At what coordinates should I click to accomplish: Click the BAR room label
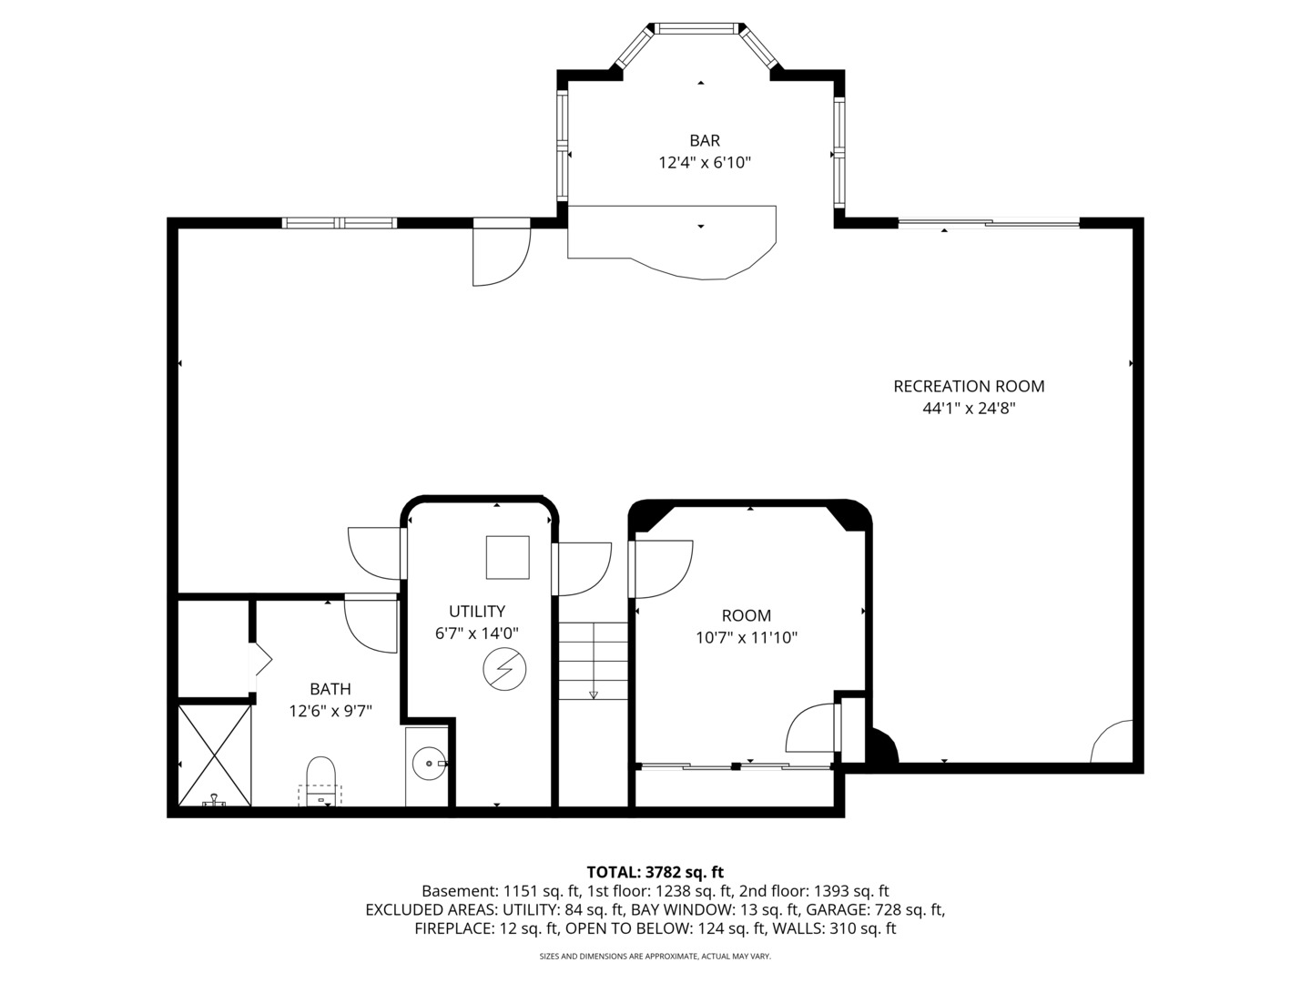pyautogui.click(x=704, y=140)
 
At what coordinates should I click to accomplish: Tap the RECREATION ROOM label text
pyautogui.click(x=969, y=386)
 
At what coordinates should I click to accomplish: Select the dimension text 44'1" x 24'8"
pyautogui.click(x=969, y=409)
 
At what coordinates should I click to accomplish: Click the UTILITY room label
pyautogui.click(x=476, y=611)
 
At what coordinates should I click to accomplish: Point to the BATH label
pyautogui.click(x=330, y=689)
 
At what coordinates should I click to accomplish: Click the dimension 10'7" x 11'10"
pyautogui.click(x=747, y=638)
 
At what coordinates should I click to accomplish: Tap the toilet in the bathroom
pyautogui.click(x=320, y=779)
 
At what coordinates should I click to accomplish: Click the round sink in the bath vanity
pyautogui.click(x=427, y=764)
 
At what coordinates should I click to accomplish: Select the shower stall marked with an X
pyautogui.click(x=214, y=755)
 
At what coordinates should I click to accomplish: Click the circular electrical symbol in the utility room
pyautogui.click(x=504, y=670)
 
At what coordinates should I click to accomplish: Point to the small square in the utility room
pyautogui.click(x=507, y=557)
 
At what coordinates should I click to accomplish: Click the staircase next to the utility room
pyautogui.click(x=593, y=662)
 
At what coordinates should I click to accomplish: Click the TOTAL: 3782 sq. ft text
pyautogui.click(x=655, y=872)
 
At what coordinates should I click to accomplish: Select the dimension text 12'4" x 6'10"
pyautogui.click(x=704, y=163)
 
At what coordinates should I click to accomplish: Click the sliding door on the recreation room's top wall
pyautogui.click(x=989, y=223)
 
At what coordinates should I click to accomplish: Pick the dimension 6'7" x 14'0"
pyautogui.click(x=476, y=633)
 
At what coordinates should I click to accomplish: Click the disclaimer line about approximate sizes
pyautogui.click(x=655, y=957)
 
